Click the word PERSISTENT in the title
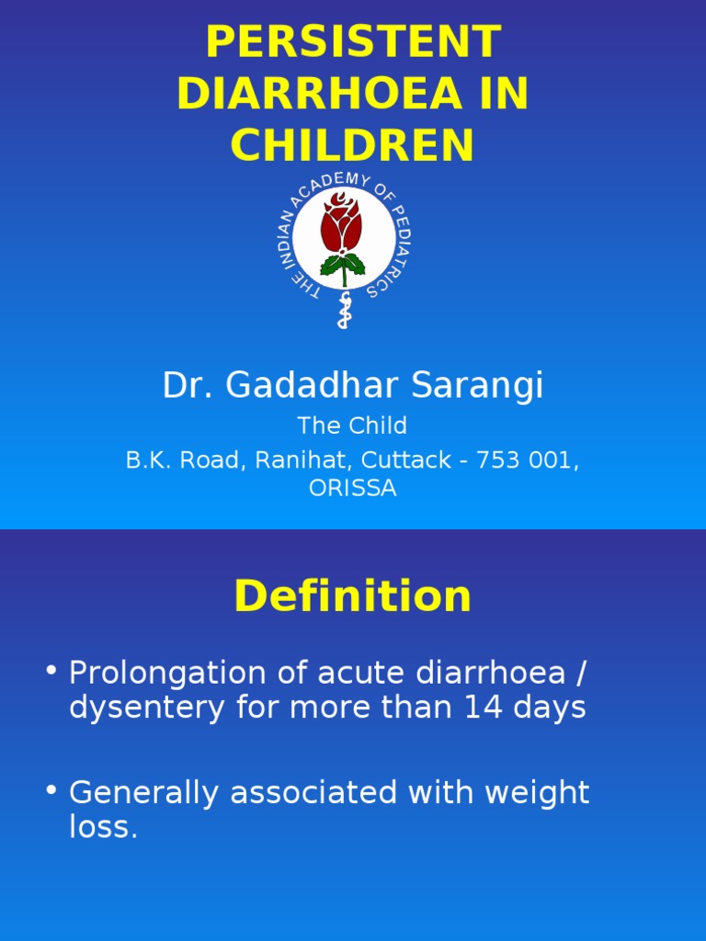pyautogui.click(x=353, y=42)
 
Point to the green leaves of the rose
pyautogui.click(x=343, y=266)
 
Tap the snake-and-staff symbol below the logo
pyautogui.click(x=344, y=311)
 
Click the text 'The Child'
pyautogui.click(x=352, y=425)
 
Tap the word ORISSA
pyautogui.click(x=353, y=488)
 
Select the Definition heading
pyautogui.click(x=353, y=596)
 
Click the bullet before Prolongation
pyautogui.click(x=51, y=671)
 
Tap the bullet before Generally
pyautogui.click(x=51, y=790)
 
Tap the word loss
pyautogui.click(x=102, y=827)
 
